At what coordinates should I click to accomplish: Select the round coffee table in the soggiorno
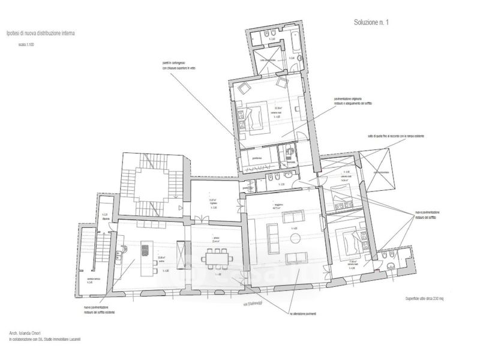click(296, 239)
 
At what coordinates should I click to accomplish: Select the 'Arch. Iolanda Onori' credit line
click(29, 332)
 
